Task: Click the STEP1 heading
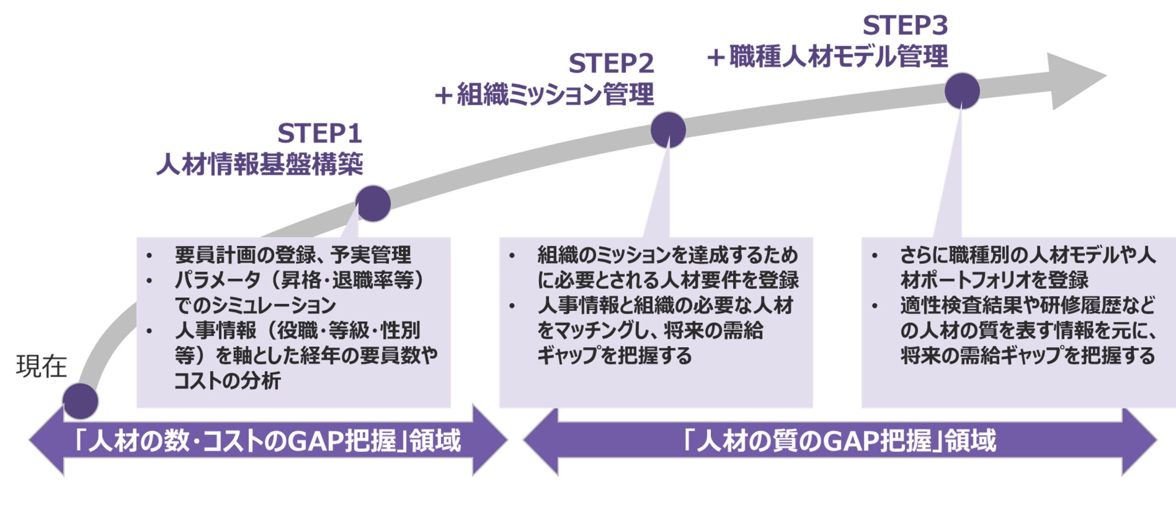(320, 134)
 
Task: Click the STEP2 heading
(611, 63)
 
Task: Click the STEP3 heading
(905, 25)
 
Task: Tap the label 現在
(41, 366)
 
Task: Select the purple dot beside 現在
(80, 401)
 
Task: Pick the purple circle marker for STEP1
(373, 203)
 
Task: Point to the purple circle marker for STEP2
(668, 130)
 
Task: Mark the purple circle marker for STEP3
(962, 91)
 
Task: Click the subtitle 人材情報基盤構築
(260, 164)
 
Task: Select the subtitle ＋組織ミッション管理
(544, 95)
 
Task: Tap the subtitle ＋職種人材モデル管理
(827, 56)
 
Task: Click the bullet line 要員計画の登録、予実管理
(293, 255)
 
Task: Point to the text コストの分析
(227, 381)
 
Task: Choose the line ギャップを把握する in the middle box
(614, 355)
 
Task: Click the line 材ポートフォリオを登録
(995, 280)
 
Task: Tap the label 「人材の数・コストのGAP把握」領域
(268, 440)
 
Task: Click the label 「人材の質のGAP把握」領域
(840, 440)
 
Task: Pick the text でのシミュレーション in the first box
(255, 305)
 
